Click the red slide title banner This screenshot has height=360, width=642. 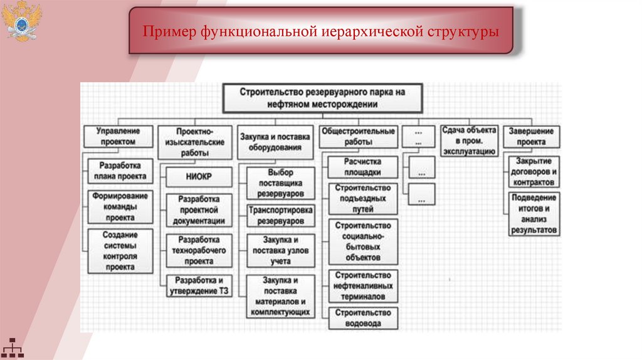(321, 31)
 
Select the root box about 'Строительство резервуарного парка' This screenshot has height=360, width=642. (322, 98)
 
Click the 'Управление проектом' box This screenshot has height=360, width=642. (117, 136)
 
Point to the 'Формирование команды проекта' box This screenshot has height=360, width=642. (120, 206)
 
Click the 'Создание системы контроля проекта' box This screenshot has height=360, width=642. (120, 250)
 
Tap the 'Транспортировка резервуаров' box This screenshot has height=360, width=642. (280, 214)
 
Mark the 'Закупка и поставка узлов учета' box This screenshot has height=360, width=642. (280, 250)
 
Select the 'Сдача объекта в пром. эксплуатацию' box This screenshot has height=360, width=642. (469, 140)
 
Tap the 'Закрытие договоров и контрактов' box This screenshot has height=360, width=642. (533, 171)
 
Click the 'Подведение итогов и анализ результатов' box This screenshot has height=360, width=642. (533, 214)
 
